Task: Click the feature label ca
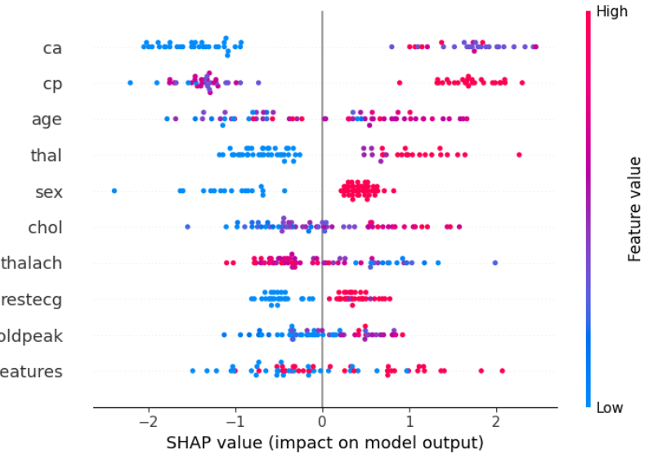[x=52, y=48]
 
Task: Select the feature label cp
[x=52, y=84]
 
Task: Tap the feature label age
[x=47, y=119]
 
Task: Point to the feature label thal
[x=47, y=155]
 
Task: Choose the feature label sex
[x=49, y=191]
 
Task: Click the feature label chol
[x=46, y=227]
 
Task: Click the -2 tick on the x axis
[x=149, y=421]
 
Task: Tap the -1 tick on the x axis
[x=235, y=421]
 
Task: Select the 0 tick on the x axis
[x=322, y=421]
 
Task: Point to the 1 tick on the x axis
[x=409, y=421]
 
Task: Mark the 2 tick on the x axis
[x=495, y=421]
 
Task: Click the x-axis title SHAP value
[x=325, y=443]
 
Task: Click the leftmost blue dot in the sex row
[x=114, y=191]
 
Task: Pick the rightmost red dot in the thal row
[x=518, y=154]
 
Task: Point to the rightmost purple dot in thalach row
[x=495, y=263]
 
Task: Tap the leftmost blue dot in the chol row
[x=187, y=226]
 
